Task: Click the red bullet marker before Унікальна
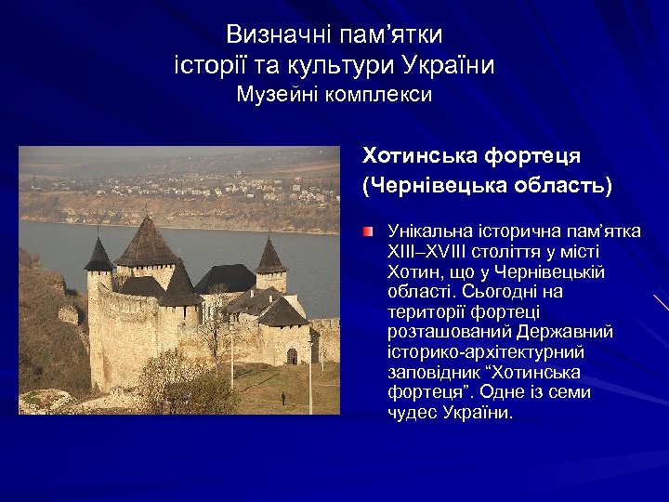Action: (369, 230)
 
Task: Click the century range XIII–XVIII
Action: (434, 251)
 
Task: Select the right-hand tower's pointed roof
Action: (270, 258)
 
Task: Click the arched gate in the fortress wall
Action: (292, 356)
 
